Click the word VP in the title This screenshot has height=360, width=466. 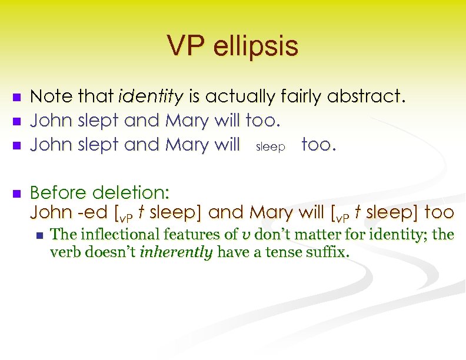(x=185, y=46)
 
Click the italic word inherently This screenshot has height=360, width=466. (x=183, y=254)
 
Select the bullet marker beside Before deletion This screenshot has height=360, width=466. (x=17, y=193)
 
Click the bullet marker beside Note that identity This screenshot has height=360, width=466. (x=17, y=97)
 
